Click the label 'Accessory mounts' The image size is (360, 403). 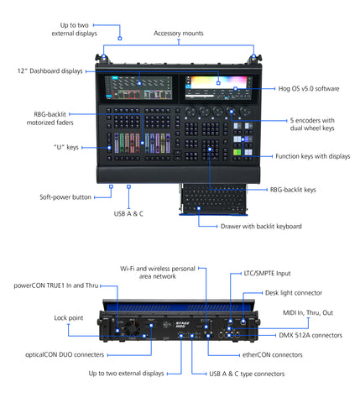(179, 34)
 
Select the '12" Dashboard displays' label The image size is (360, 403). (50, 73)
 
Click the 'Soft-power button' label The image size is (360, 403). (65, 197)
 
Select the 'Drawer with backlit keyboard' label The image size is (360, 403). (253, 226)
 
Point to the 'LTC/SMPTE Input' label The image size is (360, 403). (267, 273)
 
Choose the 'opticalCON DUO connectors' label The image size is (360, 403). (54, 353)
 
